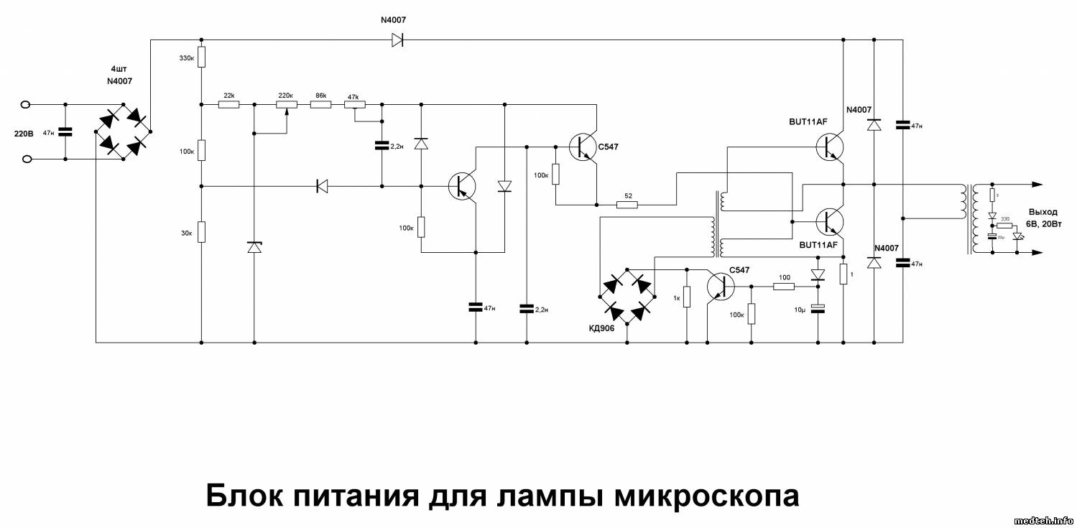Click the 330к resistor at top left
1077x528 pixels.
[202, 57]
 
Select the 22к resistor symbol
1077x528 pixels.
[228, 104]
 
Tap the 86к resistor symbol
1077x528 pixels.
[320, 104]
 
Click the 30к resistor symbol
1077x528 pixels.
[202, 232]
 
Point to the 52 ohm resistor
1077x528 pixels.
[627, 205]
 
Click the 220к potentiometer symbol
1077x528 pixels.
[286, 104]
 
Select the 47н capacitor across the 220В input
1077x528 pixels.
[65, 132]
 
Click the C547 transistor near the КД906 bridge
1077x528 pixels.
[719, 286]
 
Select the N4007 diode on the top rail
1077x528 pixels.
[397, 40]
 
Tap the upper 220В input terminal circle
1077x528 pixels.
[26, 105]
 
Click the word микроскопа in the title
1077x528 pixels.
[697, 495]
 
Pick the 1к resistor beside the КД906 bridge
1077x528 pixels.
[687, 296]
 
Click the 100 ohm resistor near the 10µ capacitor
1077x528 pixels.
[784, 286]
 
